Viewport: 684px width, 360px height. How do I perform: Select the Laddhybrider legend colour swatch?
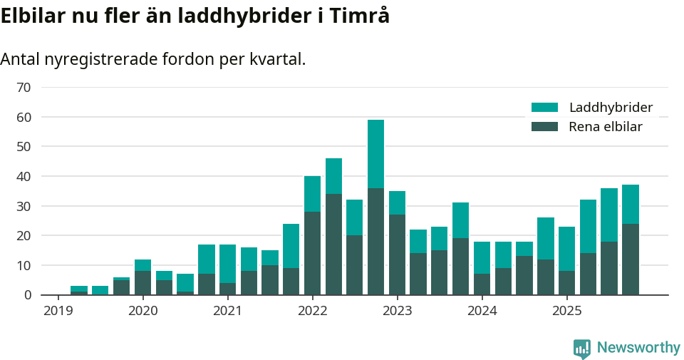click(x=545, y=108)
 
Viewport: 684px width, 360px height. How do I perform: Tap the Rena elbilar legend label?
click(x=606, y=127)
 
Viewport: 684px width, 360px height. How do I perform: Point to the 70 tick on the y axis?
click(x=24, y=87)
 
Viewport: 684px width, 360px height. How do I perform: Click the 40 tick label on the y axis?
click(x=24, y=176)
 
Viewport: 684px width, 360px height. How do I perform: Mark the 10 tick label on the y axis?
click(x=24, y=265)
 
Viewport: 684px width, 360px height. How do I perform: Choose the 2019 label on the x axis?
click(x=58, y=311)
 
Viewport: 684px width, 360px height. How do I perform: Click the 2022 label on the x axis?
click(x=312, y=311)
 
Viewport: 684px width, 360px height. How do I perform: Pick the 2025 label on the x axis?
click(x=566, y=311)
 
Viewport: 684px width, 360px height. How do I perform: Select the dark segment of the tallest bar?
click(x=376, y=241)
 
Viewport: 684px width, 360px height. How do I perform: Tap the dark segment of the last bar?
click(x=631, y=259)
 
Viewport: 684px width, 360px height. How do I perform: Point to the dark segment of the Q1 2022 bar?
click(x=312, y=253)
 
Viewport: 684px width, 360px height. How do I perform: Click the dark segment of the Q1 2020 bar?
click(x=142, y=282)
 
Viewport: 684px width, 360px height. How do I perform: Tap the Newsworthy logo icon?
click(x=582, y=348)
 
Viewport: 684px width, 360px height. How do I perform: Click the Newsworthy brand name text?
click(x=638, y=348)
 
